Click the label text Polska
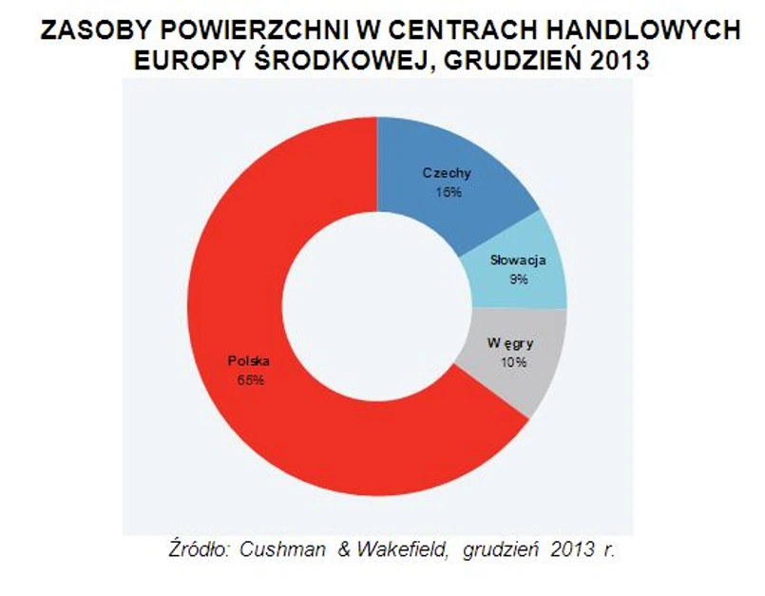(249, 361)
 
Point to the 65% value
(249, 379)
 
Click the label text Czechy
(447, 173)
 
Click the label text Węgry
(506, 343)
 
